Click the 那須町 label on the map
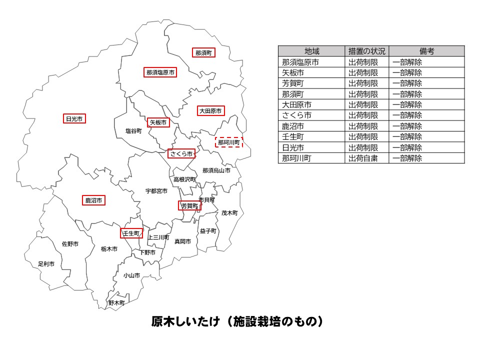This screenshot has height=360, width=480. pos(203,52)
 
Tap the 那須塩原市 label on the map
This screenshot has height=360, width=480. pos(160,72)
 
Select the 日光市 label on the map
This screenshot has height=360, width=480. pos(74,118)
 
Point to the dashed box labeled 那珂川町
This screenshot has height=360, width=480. pos(229,142)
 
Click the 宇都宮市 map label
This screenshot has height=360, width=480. pos(156,191)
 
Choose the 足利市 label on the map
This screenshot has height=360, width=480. pos(46,263)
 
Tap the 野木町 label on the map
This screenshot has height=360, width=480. pos(116,302)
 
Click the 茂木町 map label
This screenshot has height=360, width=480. pos(229,212)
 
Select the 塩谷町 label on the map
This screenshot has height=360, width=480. pos(133,131)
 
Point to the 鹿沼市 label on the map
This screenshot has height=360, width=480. pos(93,200)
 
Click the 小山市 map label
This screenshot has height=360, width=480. pos(132,275)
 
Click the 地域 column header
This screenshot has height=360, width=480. pos(311,51)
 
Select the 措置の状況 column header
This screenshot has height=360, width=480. pos(367,51)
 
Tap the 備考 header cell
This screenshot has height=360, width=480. pos(426,51)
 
